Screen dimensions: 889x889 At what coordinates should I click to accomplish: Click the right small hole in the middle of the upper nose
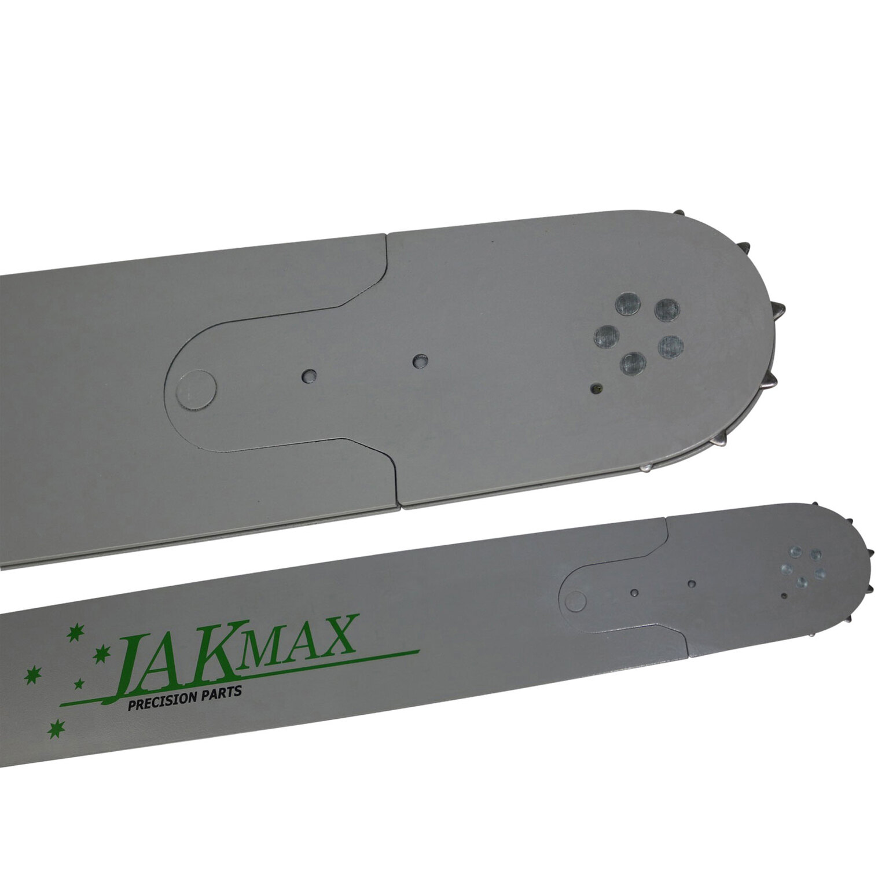coord(418,361)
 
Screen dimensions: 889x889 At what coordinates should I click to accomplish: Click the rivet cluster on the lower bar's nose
coord(803,566)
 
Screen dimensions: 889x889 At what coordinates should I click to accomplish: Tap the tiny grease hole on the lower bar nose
coord(784,595)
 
